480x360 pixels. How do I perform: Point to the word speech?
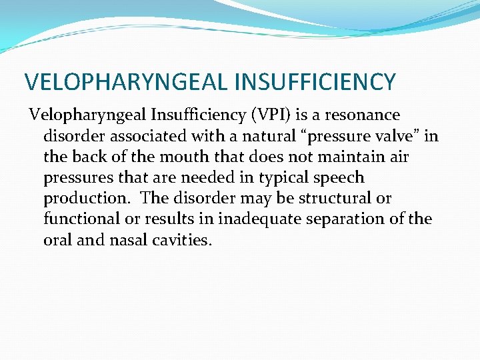pyautogui.click(x=339, y=178)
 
